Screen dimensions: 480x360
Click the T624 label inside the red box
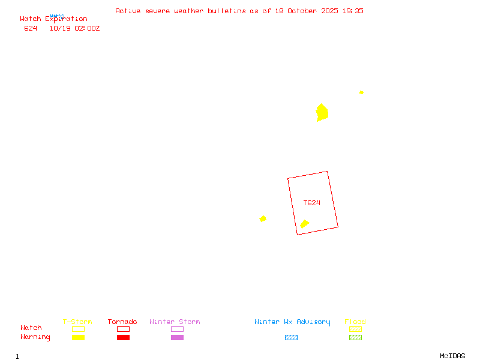(x=311, y=203)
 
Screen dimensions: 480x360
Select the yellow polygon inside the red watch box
(x=304, y=224)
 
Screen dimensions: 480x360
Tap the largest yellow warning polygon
(x=322, y=113)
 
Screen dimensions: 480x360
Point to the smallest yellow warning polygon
(x=361, y=92)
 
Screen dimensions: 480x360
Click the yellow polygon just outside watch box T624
(x=263, y=219)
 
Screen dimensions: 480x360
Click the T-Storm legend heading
(x=77, y=322)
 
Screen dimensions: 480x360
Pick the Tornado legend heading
(x=122, y=322)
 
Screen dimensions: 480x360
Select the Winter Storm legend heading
(x=175, y=322)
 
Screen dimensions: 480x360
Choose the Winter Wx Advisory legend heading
(x=292, y=322)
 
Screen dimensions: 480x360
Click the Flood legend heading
(x=355, y=322)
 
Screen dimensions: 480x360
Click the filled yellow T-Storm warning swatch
(x=78, y=338)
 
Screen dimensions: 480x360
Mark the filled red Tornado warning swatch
(x=123, y=338)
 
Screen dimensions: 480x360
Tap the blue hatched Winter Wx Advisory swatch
(x=291, y=338)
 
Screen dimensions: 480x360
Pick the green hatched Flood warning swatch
(x=355, y=338)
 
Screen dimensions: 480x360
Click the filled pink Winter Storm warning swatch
(x=177, y=338)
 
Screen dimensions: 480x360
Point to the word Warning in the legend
(x=35, y=337)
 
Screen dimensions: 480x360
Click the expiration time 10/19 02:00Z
(x=74, y=28)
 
